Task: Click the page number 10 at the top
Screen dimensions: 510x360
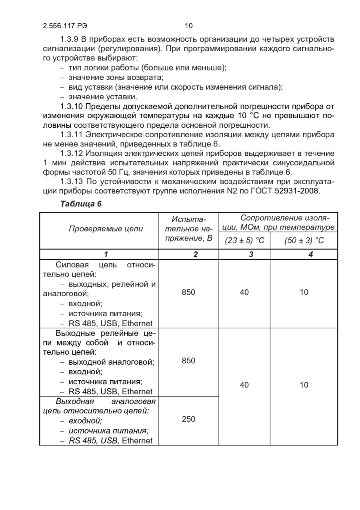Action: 189,26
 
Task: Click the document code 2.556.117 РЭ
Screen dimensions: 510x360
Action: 65,26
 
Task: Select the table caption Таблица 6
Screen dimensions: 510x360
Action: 81,204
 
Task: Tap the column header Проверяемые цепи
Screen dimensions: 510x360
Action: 106,229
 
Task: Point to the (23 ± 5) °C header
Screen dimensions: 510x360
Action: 244,241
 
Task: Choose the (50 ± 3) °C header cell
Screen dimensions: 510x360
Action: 304,241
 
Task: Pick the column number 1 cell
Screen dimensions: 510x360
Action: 106,254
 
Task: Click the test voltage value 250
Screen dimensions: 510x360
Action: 188,419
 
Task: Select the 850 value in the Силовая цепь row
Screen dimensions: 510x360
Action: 188,292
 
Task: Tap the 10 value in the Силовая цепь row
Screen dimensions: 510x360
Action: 304,292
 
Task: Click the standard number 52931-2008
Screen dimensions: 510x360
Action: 297,191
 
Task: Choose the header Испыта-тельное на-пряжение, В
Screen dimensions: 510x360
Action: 188,229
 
